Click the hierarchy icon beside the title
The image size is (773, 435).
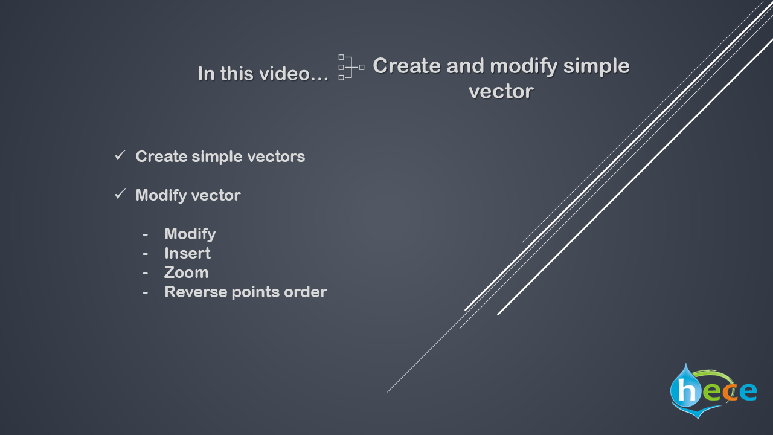pyautogui.click(x=351, y=67)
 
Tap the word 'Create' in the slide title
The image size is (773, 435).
pyautogui.click(x=407, y=66)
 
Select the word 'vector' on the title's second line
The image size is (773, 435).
pyautogui.click(x=501, y=91)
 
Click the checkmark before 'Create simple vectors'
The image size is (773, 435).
pyautogui.click(x=120, y=155)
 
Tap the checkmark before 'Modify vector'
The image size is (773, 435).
pyautogui.click(x=120, y=194)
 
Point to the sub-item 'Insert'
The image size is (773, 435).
pyautogui.click(x=187, y=253)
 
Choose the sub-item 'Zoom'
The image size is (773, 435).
pyautogui.click(x=187, y=272)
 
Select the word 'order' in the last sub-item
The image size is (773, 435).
pyautogui.click(x=306, y=292)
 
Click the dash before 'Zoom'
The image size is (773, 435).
pyautogui.click(x=146, y=273)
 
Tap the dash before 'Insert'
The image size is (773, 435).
pyautogui.click(x=146, y=254)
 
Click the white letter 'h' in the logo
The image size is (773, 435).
pyautogui.click(x=687, y=390)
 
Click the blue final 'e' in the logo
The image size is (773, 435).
pyautogui.click(x=748, y=392)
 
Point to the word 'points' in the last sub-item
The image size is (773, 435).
pyautogui.click(x=255, y=292)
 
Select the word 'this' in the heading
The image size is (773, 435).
pyautogui.click(x=237, y=74)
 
